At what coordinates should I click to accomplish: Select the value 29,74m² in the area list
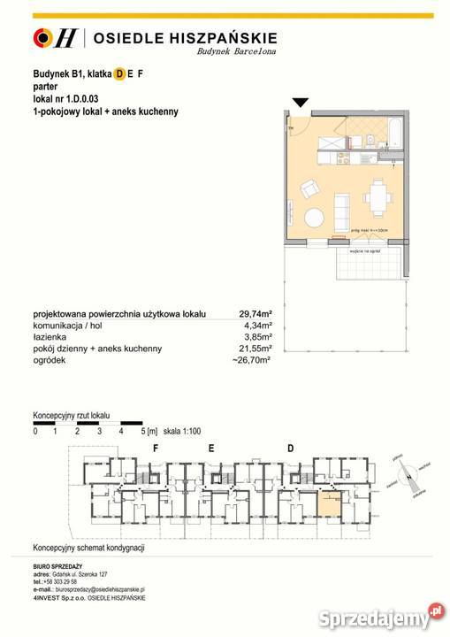[256, 313]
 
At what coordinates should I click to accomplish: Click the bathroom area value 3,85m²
[258, 337]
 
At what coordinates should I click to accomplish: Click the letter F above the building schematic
[156, 449]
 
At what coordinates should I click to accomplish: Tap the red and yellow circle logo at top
[42, 37]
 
